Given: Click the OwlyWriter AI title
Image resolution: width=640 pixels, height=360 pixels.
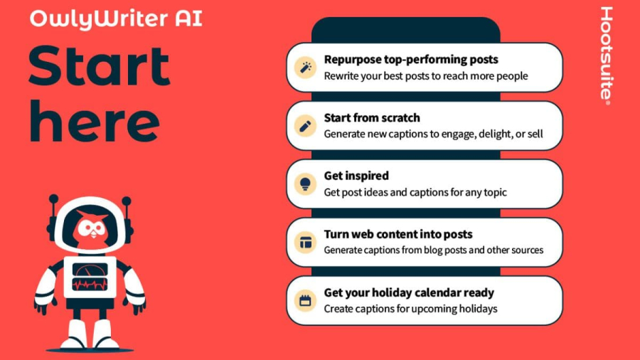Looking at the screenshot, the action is click(116, 18).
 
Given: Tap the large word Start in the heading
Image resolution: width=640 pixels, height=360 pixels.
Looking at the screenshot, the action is click(99, 67).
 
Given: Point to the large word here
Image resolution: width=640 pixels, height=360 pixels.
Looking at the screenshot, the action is click(95, 121).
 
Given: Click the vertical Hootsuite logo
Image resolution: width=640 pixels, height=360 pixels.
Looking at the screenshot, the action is click(606, 55).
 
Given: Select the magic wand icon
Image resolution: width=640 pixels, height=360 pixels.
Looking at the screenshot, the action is click(305, 68).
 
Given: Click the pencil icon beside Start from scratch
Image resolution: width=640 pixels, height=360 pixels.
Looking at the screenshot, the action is click(305, 126).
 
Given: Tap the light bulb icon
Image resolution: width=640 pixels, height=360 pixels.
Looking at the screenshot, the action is click(305, 184).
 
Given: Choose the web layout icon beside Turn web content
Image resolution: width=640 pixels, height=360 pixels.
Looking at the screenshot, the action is click(305, 243).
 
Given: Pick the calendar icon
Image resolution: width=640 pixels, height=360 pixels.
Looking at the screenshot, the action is click(305, 301).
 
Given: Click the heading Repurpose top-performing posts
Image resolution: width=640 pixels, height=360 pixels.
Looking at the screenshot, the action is click(411, 60).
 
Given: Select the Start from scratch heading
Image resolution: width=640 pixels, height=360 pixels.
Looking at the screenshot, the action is click(372, 117).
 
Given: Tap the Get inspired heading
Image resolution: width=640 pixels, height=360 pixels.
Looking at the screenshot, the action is click(356, 176).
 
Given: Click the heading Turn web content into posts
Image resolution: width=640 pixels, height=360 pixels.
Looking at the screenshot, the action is click(398, 234).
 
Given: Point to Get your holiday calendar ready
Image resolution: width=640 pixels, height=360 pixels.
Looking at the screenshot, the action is click(409, 292).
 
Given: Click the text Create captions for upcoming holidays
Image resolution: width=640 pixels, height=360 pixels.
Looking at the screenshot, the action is click(410, 309).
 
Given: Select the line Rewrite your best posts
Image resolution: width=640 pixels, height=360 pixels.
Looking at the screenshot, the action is click(426, 76).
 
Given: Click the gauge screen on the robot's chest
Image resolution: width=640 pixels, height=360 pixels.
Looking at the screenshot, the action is click(90, 276).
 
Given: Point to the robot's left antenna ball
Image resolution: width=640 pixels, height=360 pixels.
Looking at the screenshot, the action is click(53, 198).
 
